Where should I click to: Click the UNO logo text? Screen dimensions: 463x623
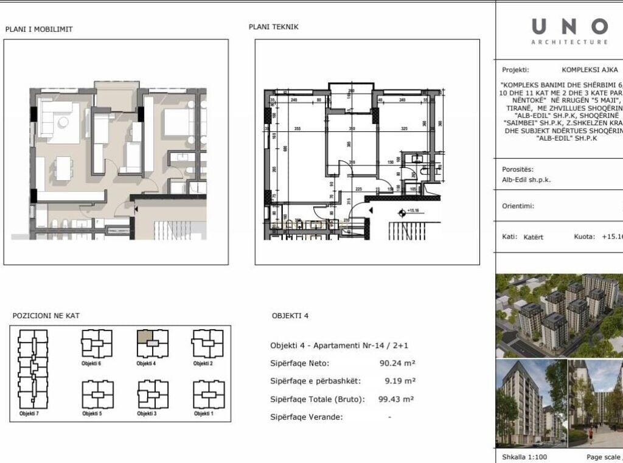[569, 27]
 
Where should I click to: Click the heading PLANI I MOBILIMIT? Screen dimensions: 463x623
[39, 29]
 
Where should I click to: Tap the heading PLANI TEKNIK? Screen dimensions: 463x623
[273, 27]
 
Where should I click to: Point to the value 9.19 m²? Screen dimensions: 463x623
[400, 381]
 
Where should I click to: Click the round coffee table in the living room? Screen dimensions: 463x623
[63, 120]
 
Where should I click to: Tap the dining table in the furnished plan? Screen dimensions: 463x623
[63, 167]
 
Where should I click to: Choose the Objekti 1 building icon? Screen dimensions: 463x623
[208, 394]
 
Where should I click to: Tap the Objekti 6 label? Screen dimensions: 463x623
[91, 363]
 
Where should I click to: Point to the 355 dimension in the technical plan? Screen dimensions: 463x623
[297, 129]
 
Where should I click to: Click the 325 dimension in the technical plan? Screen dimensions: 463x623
[404, 129]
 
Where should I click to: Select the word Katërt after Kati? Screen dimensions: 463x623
[533, 237]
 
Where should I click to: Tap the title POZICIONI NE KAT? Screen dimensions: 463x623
[46, 316]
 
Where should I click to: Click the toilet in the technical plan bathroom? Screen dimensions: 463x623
[425, 174]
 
